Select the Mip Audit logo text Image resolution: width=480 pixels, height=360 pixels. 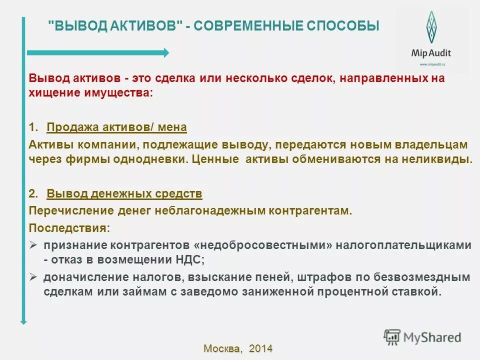click(x=430, y=53)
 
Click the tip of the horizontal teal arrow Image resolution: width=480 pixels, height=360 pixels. click(x=166, y=52)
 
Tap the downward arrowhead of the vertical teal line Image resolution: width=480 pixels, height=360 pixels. click(x=23, y=321)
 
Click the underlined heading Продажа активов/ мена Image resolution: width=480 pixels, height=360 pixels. click(x=116, y=127)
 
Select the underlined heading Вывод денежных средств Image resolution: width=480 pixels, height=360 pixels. click(x=124, y=193)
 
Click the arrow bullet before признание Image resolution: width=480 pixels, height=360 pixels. click(x=33, y=245)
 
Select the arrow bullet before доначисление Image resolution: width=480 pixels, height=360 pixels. click(x=33, y=276)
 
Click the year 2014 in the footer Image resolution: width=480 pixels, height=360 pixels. click(x=260, y=348)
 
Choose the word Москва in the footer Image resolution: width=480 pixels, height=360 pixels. click(x=222, y=348)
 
